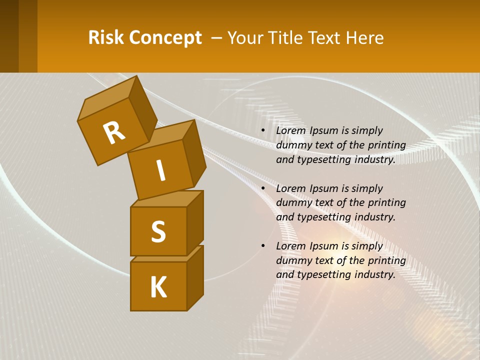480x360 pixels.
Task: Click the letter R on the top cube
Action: pyautogui.click(x=114, y=133)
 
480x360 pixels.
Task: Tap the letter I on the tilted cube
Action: pyautogui.click(x=160, y=170)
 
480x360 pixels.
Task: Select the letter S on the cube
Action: pyautogui.click(x=158, y=231)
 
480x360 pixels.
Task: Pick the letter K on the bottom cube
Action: pyautogui.click(x=158, y=287)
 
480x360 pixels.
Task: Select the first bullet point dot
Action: pyautogui.click(x=263, y=130)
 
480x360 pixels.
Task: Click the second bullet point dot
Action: pyautogui.click(x=263, y=188)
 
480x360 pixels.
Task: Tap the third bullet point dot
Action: pyautogui.click(x=263, y=246)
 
